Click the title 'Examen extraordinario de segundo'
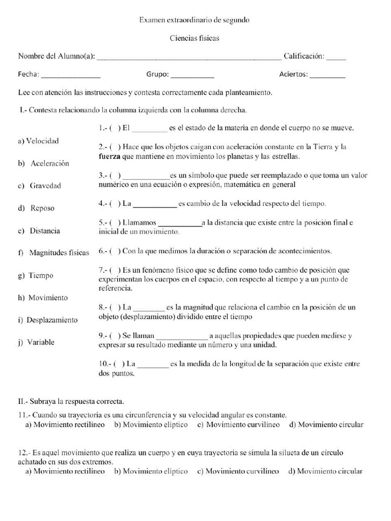(194, 20)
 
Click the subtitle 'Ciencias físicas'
(194, 38)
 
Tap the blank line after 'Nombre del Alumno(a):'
(188, 57)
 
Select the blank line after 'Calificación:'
(336, 57)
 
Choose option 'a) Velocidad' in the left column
(38, 141)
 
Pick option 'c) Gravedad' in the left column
(39, 186)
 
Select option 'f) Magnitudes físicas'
(53, 253)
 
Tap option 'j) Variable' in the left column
(36, 342)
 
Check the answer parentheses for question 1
(115, 128)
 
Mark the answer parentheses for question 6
(115, 251)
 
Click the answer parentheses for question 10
(119, 364)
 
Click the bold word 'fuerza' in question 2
(109, 156)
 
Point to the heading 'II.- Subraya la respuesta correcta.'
(71, 401)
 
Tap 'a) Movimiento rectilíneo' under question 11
(65, 425)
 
